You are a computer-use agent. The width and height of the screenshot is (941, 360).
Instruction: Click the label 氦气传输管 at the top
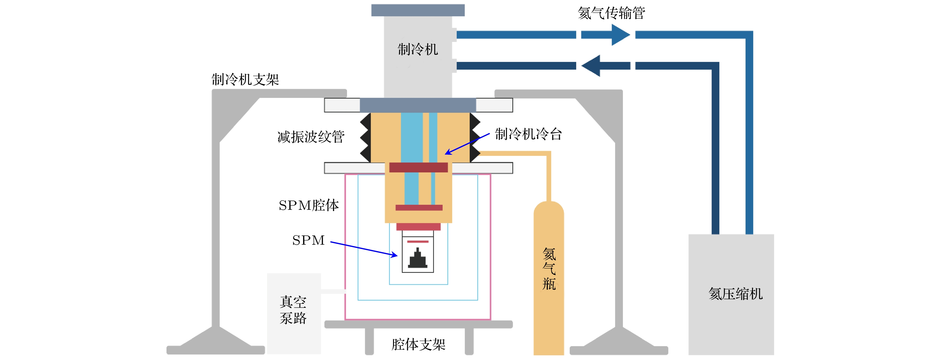click(x=611, y=13)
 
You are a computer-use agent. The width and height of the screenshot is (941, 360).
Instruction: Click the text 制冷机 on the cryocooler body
click(x=418, y=49)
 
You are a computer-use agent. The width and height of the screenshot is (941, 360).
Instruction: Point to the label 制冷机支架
click(x=245, y=79)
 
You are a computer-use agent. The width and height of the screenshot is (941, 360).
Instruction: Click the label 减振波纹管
click(x=311, y=137)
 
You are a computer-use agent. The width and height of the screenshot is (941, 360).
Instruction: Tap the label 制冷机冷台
click(x=528, y=134)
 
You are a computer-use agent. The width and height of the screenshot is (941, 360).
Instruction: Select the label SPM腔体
click(x=309, y=205)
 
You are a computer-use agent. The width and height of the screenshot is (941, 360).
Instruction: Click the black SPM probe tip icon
click(x=418, y=258)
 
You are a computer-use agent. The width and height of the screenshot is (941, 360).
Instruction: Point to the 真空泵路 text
click(x=293, y=310)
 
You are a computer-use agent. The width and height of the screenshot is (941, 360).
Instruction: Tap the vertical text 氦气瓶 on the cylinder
click(x=549, y=269)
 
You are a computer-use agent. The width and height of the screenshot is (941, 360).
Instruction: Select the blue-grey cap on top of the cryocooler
click(x=418, y=10)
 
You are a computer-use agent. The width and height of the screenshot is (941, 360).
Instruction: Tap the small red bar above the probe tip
click(x=418, y=242)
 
